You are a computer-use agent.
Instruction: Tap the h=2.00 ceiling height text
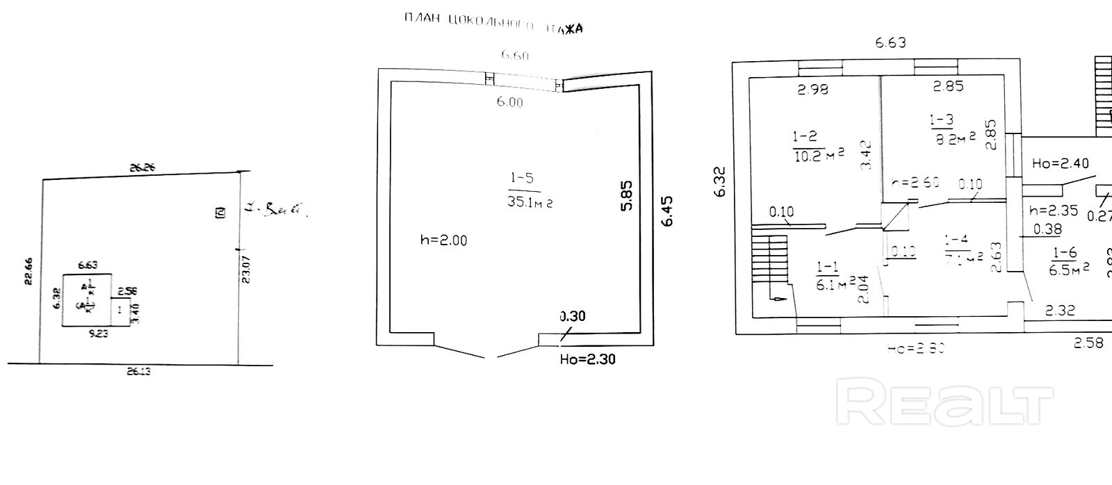coord(443,240)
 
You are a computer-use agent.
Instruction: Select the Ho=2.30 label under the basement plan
coord(587,359)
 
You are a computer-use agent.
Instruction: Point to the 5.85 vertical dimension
coord(626,196)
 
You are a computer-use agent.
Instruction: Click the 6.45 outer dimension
coord(667,211)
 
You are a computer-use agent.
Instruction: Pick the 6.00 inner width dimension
coord(509,102)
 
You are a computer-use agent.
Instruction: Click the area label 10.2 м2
coord(819,155)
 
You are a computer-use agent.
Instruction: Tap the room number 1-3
coord(941,120)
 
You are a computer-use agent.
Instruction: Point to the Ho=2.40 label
coord(1061,163)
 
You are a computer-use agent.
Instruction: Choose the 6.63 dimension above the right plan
coord(890,42)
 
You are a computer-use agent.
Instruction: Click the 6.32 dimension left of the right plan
coord(720,182)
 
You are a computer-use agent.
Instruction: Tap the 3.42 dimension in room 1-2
coord(865,155)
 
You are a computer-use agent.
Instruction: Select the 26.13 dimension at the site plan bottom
coord(138,372)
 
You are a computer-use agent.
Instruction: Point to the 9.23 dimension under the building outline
coord(98,333)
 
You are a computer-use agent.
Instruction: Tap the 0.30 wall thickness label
coord(573,316)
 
